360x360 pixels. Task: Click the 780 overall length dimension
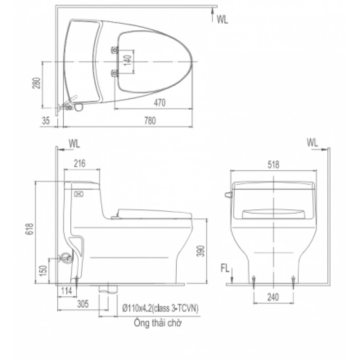[x=150, y=121]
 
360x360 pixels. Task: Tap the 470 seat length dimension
[x=160, y=103]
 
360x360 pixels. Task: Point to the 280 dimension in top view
[x=36, y=83]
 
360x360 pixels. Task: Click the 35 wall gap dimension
[x=46, y=121]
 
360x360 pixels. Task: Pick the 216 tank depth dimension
[x=79, y=163]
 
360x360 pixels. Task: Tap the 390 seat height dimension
[x=201, y=251]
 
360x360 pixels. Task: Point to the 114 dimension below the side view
[x=67, y=291]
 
